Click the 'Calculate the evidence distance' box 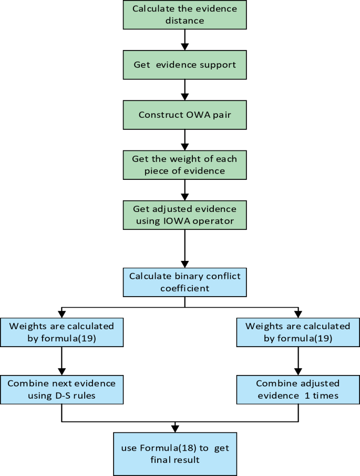pos(184,15)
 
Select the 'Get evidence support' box pos(184,65)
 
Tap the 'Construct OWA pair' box pos(184,115)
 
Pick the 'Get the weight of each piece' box pos(184,165)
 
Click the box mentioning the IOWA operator pos(184,215)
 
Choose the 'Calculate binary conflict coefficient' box pos(184,282)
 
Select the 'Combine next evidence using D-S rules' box pos(62,390)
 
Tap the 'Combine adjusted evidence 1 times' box pos(298,390)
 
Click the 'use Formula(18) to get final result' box pos(175,454)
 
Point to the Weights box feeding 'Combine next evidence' pos(62,332)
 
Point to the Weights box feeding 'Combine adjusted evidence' pos(298,332)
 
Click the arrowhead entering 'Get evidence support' pos(184,47)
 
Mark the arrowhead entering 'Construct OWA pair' pos(184,97)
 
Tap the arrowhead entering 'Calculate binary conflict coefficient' pos(184,264)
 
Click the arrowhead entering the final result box pos(175,429)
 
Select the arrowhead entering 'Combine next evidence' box pos(62,371)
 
